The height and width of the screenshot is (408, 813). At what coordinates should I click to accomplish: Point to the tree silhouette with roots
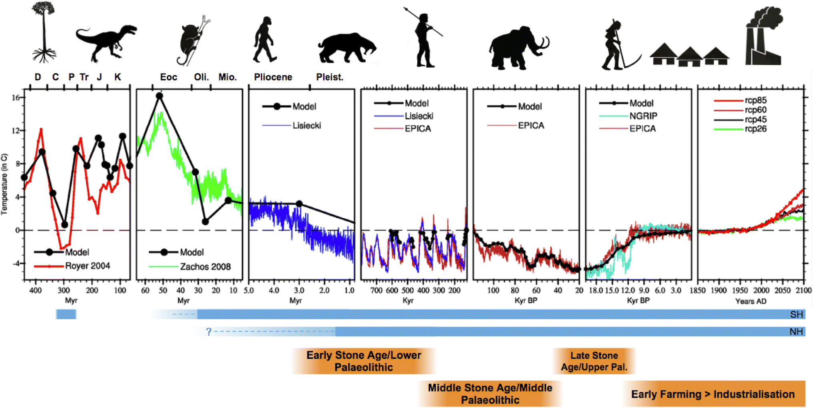(44, 32)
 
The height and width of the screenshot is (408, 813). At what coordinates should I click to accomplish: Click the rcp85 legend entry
(755, 100)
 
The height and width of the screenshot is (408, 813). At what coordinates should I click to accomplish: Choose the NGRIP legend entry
(643, 116)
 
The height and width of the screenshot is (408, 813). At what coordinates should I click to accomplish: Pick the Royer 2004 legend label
(88, 266)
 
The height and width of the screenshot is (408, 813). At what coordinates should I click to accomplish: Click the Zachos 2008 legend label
(205, 267)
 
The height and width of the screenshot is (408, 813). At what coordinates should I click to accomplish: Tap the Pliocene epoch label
(273, 77)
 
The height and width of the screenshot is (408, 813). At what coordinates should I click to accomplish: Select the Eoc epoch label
(168, 77)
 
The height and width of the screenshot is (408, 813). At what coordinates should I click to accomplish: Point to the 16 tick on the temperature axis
(16, 98)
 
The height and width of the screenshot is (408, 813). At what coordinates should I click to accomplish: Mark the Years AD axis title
(751, 301)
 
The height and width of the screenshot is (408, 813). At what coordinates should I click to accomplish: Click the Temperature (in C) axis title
(4, 184)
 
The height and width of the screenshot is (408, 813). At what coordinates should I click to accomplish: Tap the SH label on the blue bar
(796, 314)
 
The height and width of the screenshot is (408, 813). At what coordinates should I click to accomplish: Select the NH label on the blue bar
(796, 332)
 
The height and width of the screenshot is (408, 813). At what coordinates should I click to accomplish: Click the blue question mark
(208, 332)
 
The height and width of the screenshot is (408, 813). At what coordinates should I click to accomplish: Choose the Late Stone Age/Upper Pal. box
(594, 361)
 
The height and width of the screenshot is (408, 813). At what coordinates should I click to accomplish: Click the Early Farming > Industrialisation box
(713, 394)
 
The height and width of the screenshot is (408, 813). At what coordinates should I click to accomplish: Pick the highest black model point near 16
(160, 96)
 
